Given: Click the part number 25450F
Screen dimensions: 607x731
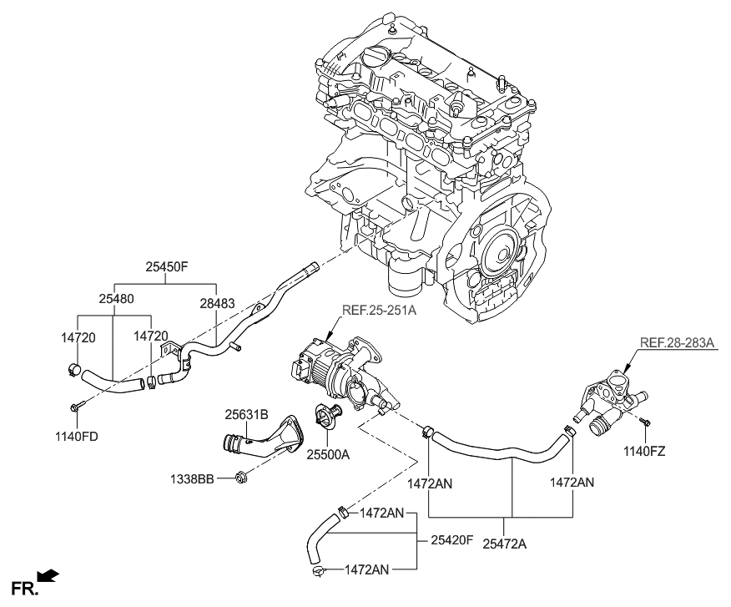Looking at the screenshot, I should [167, 269].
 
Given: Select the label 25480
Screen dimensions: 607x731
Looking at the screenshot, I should [114, 298].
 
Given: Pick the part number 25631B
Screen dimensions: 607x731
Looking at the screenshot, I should [245, 413].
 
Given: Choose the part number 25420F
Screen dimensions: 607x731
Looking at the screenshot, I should [451, 541].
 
